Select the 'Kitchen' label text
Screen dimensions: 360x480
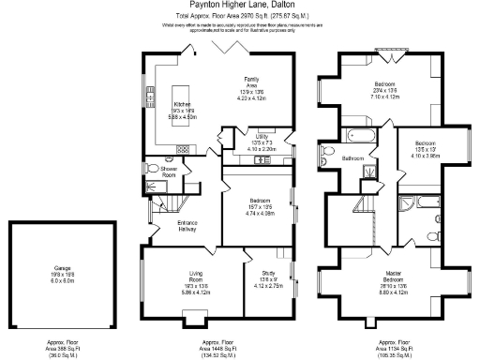[x=183, y=104]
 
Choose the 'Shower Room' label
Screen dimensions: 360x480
[x=169, y=172]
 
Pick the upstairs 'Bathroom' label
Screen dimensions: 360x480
[x=352, y=158]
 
